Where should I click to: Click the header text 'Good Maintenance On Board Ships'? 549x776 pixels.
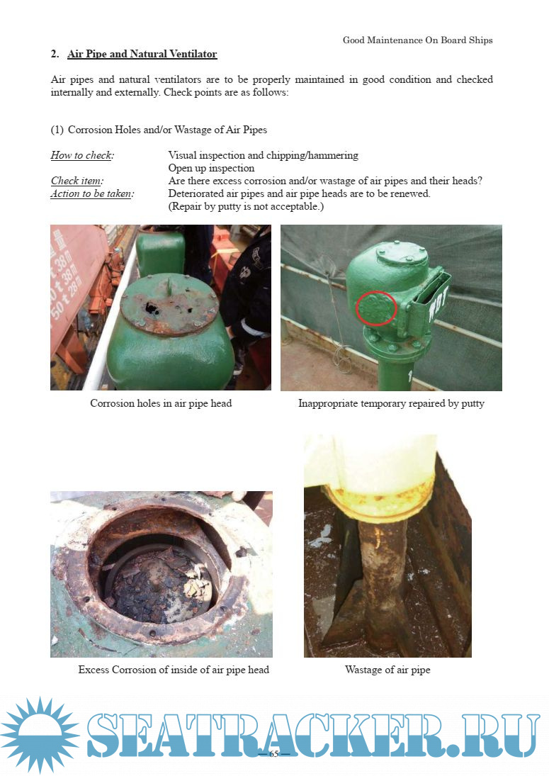pyautogui.click(x=417, y=40)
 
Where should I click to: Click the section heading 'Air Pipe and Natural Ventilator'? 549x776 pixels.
pyautogui.click(x=142, y=54)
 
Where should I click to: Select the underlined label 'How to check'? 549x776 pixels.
pyautogui.click(x=81, y=155)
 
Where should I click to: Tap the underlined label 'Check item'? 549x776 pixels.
pyautogui.click(x=77, y=181)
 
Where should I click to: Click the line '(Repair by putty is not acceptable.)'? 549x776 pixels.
pyautogui.click(x=246, y=206)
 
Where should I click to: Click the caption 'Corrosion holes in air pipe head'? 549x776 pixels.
pyautogui.click(x=161, y=403)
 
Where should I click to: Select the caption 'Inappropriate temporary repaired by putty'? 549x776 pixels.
pyautogui.click(x=391, y=403)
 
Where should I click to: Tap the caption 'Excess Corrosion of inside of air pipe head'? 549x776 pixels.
pyautogui.click(x=174, y=670)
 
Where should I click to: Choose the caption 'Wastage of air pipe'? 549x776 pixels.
pyautogui.click(x=387, y=670)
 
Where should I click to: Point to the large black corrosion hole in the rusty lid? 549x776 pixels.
pyautogui.click(x=152, y=308)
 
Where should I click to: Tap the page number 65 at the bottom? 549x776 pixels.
pyautogui.click(x=274, y=754)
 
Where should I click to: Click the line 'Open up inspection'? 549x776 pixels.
pyautogui.click(x=211, y=168)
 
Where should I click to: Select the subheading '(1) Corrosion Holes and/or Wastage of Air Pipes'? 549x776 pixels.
pyautogui.click(x=159, y=130)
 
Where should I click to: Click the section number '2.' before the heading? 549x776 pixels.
pyautogui.click(x=55, y=54)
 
